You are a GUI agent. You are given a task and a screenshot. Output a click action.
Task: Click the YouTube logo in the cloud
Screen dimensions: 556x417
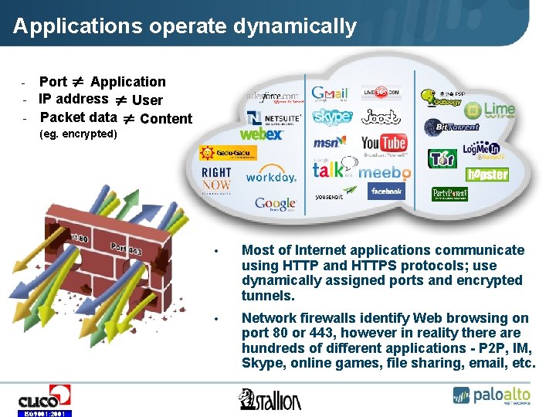click(384, 143)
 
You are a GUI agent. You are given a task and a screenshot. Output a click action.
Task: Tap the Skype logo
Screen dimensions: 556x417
click(331, 117)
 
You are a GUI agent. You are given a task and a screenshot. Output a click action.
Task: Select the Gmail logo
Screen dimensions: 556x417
click(330, 92)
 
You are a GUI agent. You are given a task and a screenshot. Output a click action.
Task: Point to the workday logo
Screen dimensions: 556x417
click(271, 177)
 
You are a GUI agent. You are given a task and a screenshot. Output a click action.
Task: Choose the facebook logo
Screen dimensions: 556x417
click(386, 192)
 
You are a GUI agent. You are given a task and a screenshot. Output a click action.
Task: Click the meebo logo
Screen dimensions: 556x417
click(384, 173)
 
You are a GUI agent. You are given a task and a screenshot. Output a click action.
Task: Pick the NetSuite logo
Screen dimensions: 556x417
click(274, 117)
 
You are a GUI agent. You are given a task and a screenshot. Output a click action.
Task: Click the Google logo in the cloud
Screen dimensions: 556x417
click(276, 205)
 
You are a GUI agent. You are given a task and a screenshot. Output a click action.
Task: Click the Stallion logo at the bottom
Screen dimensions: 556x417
click(270, 398)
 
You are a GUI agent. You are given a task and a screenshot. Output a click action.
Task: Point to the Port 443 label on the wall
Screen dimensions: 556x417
click(126, 249)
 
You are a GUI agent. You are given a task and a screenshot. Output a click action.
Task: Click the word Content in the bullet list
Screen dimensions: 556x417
click(166, 119)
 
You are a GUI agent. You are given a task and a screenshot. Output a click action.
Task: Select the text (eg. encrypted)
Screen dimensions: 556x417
click(78, 134)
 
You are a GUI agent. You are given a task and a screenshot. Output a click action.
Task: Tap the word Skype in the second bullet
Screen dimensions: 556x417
click(263, 364)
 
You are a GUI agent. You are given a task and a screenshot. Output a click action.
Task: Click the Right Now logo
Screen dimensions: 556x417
click(216, 178)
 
